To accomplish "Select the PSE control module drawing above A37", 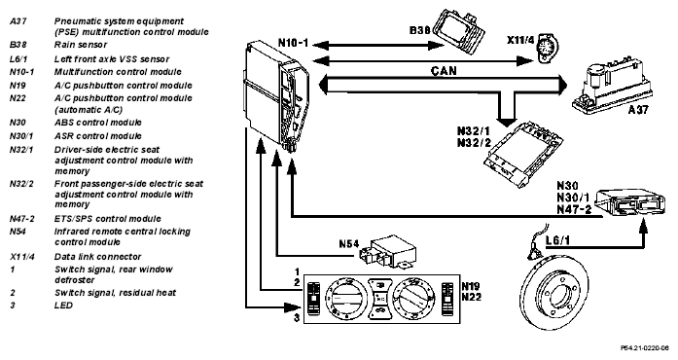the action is [x=612, y=90].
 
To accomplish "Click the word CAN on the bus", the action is [x=444, y=70].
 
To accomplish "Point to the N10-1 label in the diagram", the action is [x=293, y=43].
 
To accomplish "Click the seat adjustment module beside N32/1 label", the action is [x=523, y=154].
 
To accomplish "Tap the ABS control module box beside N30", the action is [x=629, y=202].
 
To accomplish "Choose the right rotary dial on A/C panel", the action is [x=414, y=298].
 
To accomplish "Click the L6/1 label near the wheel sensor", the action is [x=557, y=240].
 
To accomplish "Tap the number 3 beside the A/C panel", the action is [x=297, y=318].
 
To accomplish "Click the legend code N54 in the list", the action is [x=18, y=232].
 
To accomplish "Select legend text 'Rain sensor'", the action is [x=81, y=45].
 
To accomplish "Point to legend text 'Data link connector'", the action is [x=97, y=257].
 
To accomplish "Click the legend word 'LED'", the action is [x=63, y=306].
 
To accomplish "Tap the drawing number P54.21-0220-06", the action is [x=644, y=347].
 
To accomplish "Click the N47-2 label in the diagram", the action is [x=574, y=209].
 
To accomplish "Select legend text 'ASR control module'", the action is [x=97, y=136].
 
